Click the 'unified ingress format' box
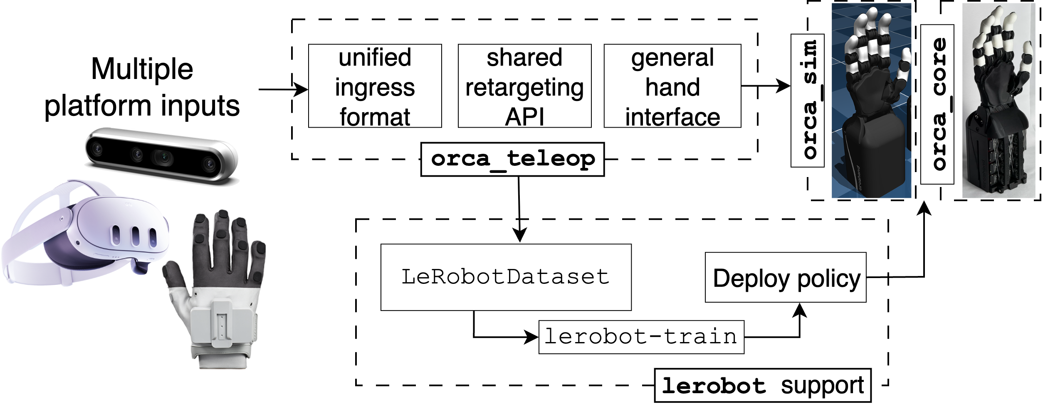[375, 86]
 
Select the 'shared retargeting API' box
[524, 86]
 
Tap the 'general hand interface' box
[672, 86]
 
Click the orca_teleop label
[512, 160]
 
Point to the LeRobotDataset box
[506, 277]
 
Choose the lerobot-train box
[641, 337]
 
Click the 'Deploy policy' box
[786, 277]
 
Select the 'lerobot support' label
[763, 385]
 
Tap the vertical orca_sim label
[808, 101]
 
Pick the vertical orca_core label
[937, 104]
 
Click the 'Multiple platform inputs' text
[142, 87]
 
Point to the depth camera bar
[161, 155]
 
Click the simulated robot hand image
[871, 101]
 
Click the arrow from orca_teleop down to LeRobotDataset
[519, 209]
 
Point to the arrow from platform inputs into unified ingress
[283, 89]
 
